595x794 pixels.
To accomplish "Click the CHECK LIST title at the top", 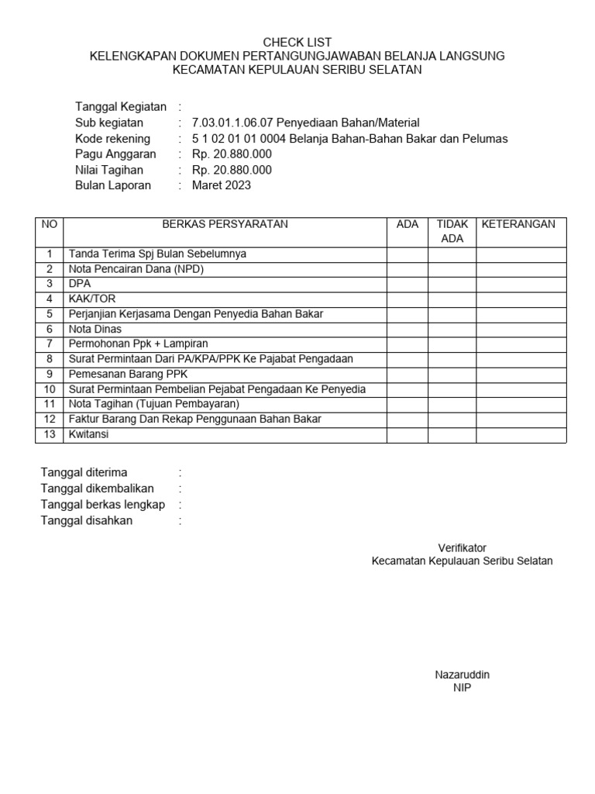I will point(297,42).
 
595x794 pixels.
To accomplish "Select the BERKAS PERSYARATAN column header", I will point(225,224).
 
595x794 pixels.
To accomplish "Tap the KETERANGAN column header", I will point(518,224).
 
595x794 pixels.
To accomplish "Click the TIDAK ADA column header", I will point(452,231).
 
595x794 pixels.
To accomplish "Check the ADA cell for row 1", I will point(407,254).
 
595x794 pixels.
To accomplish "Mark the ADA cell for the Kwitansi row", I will point(407,435).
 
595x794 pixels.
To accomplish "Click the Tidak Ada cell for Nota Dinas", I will point(452,329).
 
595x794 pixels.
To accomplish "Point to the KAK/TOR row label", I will point(92,299).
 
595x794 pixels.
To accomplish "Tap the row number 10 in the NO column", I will point(50,389).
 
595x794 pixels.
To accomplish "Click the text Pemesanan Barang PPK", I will point(123,374).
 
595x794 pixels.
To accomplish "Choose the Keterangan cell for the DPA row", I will point(521,284).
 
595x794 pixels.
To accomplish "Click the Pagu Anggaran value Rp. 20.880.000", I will point(232,154).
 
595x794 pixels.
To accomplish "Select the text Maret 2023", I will point(222,185).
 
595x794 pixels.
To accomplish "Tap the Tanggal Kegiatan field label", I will point(120,106).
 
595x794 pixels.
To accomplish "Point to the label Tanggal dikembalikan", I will point(97,488).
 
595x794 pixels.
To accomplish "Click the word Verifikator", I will point(462,547).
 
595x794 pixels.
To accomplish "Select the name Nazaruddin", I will point(462,675).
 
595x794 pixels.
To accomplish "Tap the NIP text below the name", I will point(462,689).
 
